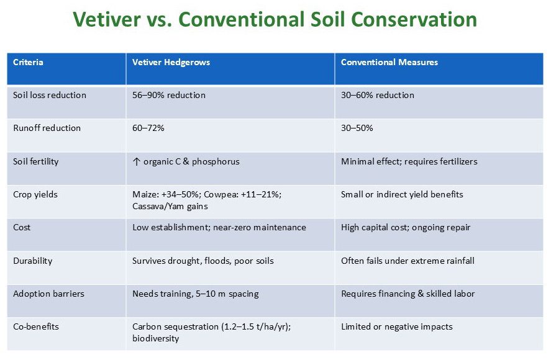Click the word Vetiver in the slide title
[107, 19]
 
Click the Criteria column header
[28, 62]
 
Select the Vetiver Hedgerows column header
[171, 63]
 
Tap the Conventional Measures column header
[389, 62]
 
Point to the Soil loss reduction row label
[50, 95]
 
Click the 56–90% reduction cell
[169, 95]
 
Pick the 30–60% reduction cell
[378, 95]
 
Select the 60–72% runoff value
[148, 128]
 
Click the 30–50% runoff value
[357, 128]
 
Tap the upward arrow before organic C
[136, 161]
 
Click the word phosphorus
[216, 162]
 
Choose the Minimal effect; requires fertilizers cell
[409, 161]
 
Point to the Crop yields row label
[35, 195]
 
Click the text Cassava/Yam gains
[170, 207]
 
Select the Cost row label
[22, 228]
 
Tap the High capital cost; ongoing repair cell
[406, 228]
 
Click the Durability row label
[33, 261]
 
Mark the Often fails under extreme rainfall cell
[408, 261]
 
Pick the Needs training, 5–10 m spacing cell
[196, 294]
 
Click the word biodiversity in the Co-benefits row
[156, 338]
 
